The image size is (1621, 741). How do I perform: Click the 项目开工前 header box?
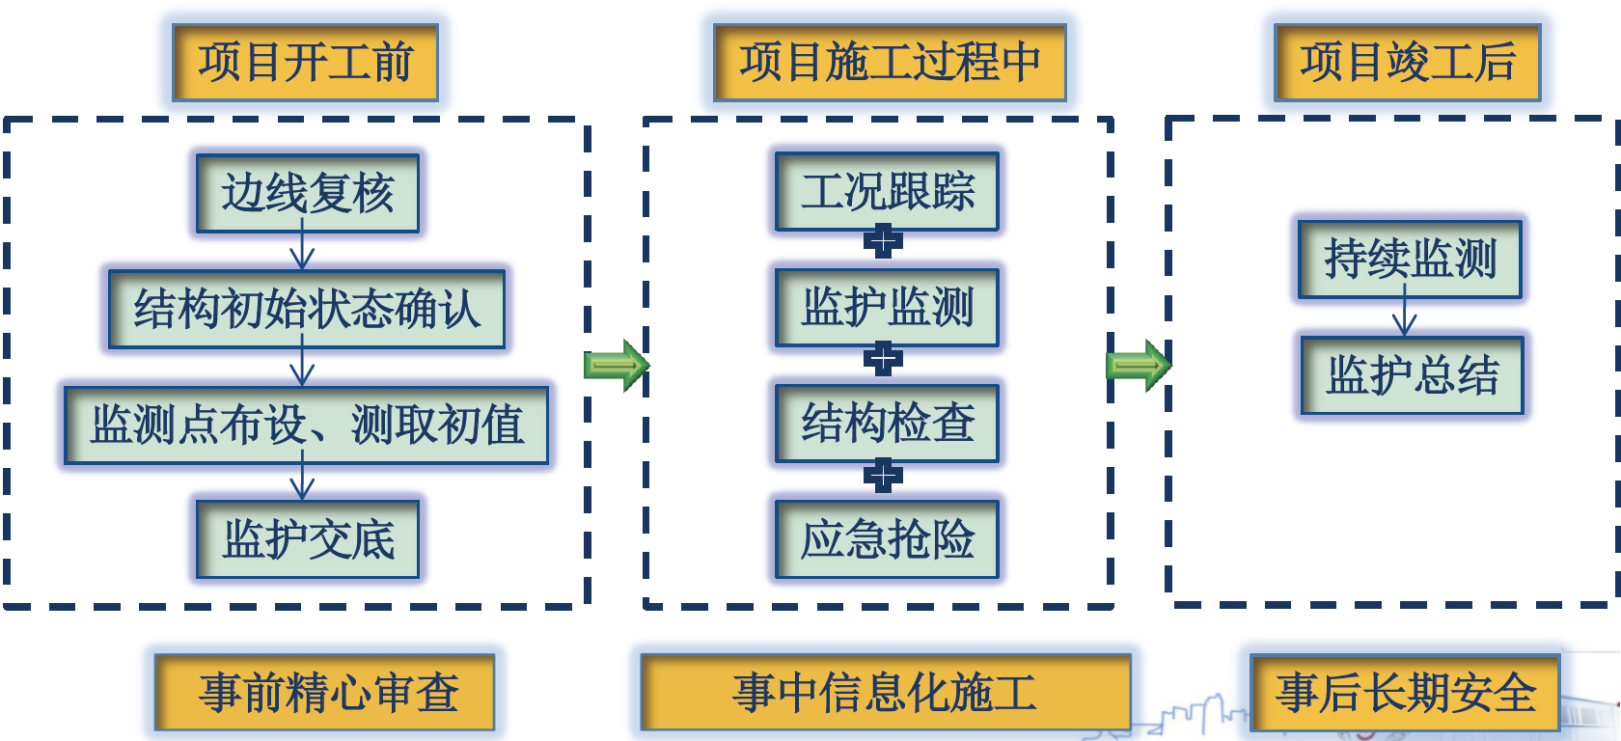305,62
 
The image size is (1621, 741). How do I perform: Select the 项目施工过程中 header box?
890,62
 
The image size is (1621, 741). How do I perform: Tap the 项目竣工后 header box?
1408,62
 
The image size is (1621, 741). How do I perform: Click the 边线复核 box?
308,193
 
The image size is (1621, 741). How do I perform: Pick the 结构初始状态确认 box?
307,309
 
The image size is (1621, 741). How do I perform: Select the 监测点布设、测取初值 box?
307,425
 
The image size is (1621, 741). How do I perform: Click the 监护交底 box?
308,539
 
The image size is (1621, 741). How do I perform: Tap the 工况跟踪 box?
888,192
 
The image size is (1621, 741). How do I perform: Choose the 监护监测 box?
888,308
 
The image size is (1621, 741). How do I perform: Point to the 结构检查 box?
888,424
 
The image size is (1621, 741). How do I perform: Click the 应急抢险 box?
888,539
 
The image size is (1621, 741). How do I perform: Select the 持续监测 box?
1411,260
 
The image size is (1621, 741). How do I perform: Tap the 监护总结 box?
1413,375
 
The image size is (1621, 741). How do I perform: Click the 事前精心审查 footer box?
325,693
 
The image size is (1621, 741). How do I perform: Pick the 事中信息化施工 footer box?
886,693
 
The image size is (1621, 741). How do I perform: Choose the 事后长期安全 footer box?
1405,693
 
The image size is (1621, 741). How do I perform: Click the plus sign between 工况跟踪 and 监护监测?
883,241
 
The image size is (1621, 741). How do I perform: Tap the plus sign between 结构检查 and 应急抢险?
883,476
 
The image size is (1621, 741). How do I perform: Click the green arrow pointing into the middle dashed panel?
617,366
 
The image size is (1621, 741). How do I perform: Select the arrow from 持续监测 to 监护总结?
1405,310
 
